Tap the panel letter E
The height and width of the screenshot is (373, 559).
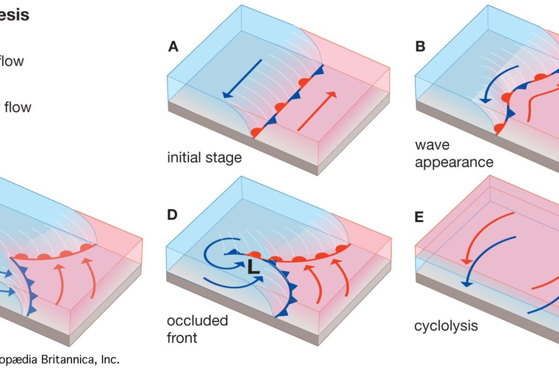tap(420, 217)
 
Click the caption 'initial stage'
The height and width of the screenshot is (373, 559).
tap(205, 157)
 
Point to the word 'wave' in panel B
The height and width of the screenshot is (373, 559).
tap(432, 145)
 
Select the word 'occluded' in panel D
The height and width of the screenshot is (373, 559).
tap(198, 321)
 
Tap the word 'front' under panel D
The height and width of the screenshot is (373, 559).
tap(182, 337)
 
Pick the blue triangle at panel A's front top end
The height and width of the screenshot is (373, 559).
tap(319, 71)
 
